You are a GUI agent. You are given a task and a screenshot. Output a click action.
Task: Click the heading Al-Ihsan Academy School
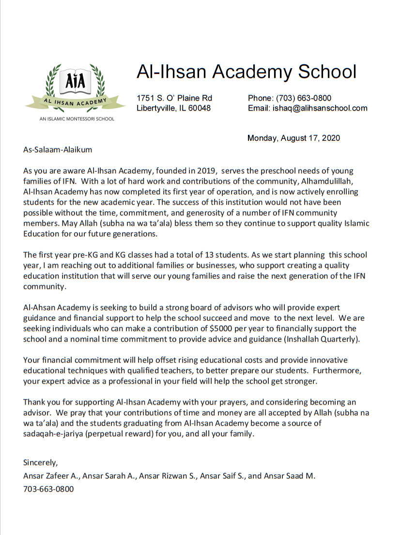click(x=246, y=72)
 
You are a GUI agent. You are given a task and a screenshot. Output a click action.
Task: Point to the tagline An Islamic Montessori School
click(x=77, y=119)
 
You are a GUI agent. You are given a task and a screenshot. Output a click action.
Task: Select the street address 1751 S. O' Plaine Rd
click(x=174, y=98)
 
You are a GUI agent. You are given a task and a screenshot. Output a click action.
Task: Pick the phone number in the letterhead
click(x=304, y=98)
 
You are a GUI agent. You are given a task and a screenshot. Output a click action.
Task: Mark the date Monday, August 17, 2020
click(x=293, y=138)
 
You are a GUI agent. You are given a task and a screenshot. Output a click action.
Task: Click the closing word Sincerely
click(x=40, y=463)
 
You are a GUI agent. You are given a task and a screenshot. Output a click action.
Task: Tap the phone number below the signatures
click(x=48, y=489)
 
